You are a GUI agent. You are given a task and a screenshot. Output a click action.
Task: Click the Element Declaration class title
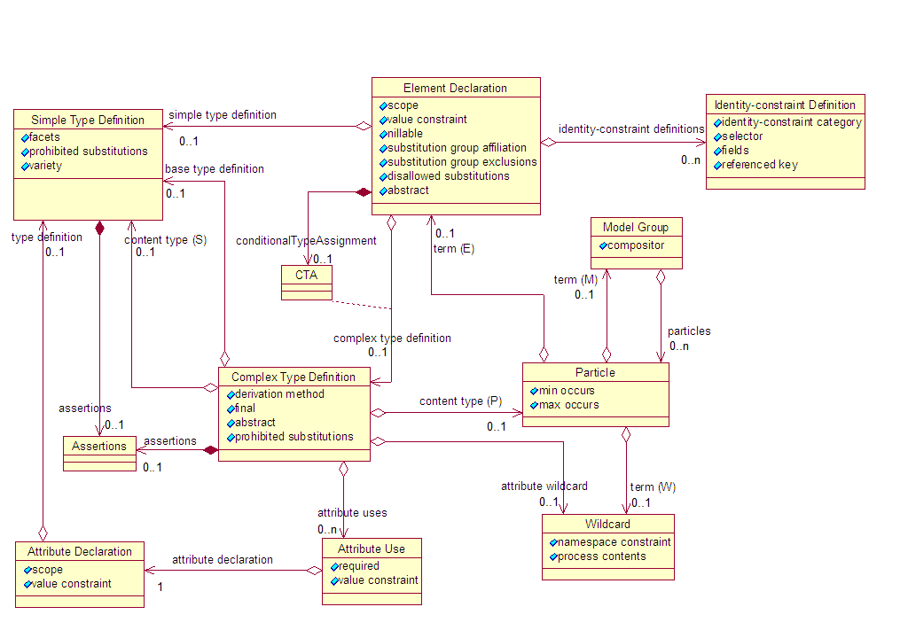point(455,88)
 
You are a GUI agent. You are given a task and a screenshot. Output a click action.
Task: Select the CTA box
point(307,276)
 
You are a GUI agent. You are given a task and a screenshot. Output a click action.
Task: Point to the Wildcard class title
point(607,524)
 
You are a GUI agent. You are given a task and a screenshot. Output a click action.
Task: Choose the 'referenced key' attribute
point(760,165)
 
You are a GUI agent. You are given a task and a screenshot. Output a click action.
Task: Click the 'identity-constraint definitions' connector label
point(631,128)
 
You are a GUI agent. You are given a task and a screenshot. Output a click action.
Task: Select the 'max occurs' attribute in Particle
point(568,405)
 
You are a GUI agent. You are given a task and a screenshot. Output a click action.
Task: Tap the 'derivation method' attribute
point(279,394)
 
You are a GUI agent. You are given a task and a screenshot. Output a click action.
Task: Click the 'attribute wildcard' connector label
point(544,486)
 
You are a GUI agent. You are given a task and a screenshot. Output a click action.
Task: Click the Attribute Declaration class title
point(79,551)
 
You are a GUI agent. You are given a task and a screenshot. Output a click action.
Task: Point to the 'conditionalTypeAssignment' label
point(306,241)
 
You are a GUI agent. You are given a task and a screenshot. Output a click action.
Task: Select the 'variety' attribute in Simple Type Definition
point(45,166)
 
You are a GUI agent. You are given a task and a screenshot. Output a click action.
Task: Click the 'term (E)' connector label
point(453,249)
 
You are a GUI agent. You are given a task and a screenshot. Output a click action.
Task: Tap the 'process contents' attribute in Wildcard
point(602,556)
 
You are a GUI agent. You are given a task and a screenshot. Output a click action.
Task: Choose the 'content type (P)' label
point(460,401)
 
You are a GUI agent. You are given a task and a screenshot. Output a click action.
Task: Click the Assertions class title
point(99,446)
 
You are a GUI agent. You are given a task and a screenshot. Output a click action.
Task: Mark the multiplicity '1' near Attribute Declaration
point(160,587)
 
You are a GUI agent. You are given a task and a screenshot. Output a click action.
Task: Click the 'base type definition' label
point(215,169)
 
